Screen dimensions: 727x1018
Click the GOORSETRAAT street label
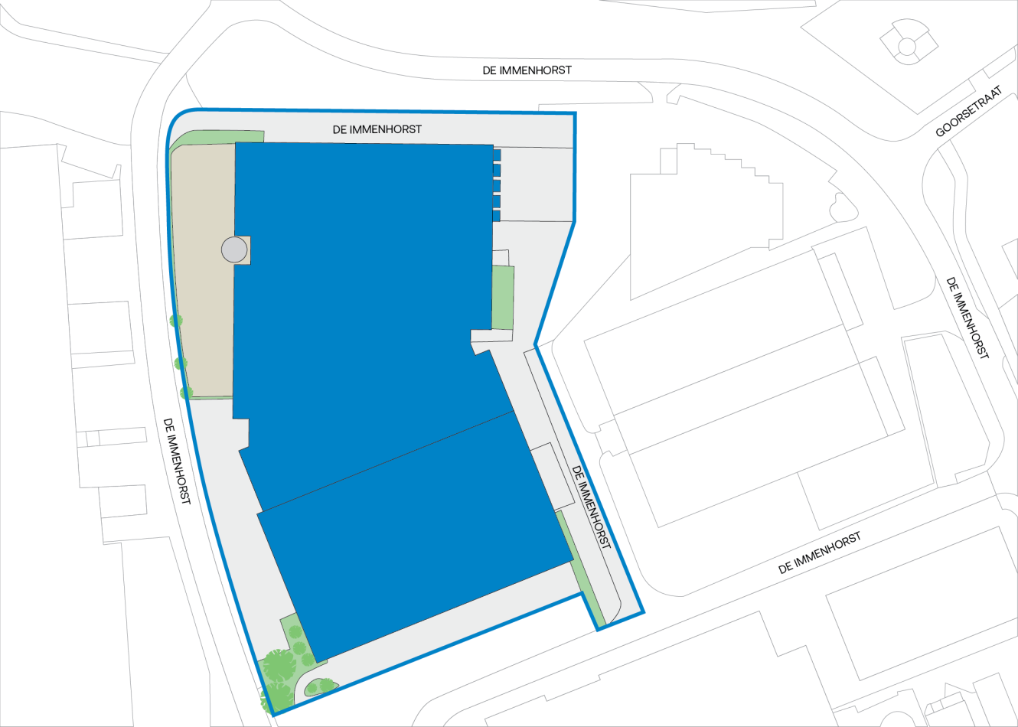[x=968, y=111]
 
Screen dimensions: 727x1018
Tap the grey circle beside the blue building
[x=234, y=249]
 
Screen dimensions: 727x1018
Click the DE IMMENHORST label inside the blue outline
[x=377, y=129]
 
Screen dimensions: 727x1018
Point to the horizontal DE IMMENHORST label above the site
[x=527, y=70]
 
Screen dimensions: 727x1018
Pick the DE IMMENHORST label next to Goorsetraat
[x=967, y=318]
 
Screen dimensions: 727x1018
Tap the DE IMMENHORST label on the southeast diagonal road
[x=819, y=553]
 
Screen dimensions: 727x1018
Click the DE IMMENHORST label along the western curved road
[x=176, y=460]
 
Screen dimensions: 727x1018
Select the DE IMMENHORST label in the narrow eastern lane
[x=592, y=508]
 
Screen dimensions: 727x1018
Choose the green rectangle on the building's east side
[x=502, y=297]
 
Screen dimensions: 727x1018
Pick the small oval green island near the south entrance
[x=321, y=686]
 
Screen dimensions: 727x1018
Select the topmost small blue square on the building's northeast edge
[x=497, y=155]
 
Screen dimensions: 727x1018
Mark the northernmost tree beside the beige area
[x=176, y=321]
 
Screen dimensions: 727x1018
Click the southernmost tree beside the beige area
[x=186, y=393]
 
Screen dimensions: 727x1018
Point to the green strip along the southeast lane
[x=579, y=566]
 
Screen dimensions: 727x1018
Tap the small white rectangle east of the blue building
[x=552, y=474]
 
